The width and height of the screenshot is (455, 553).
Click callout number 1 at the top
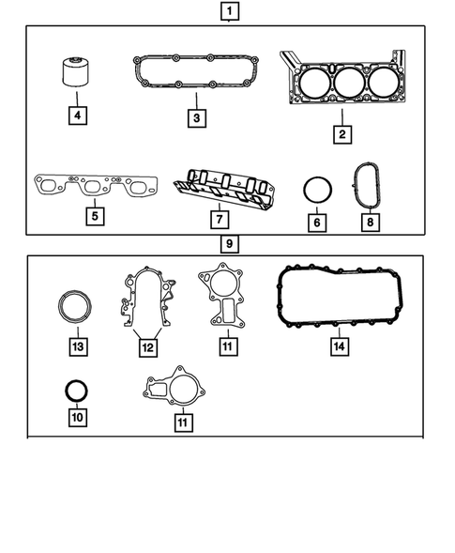228,12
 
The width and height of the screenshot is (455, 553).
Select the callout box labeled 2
342,133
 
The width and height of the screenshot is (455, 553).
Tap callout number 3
195,118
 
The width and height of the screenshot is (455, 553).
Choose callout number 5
93,215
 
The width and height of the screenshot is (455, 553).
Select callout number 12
146,346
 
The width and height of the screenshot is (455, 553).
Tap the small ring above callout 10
76,388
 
